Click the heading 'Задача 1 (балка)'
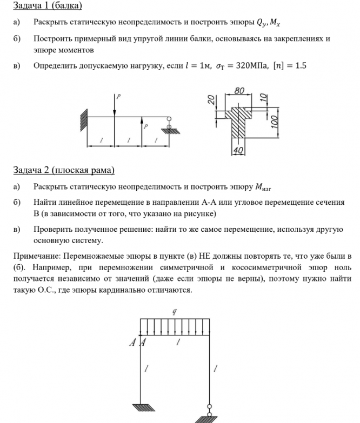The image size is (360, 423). [48, 6]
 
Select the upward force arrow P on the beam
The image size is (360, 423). [141, 126]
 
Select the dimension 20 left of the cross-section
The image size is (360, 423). [212, 99]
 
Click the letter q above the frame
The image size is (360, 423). [174, 312]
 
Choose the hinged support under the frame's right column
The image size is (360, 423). [209, 413]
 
